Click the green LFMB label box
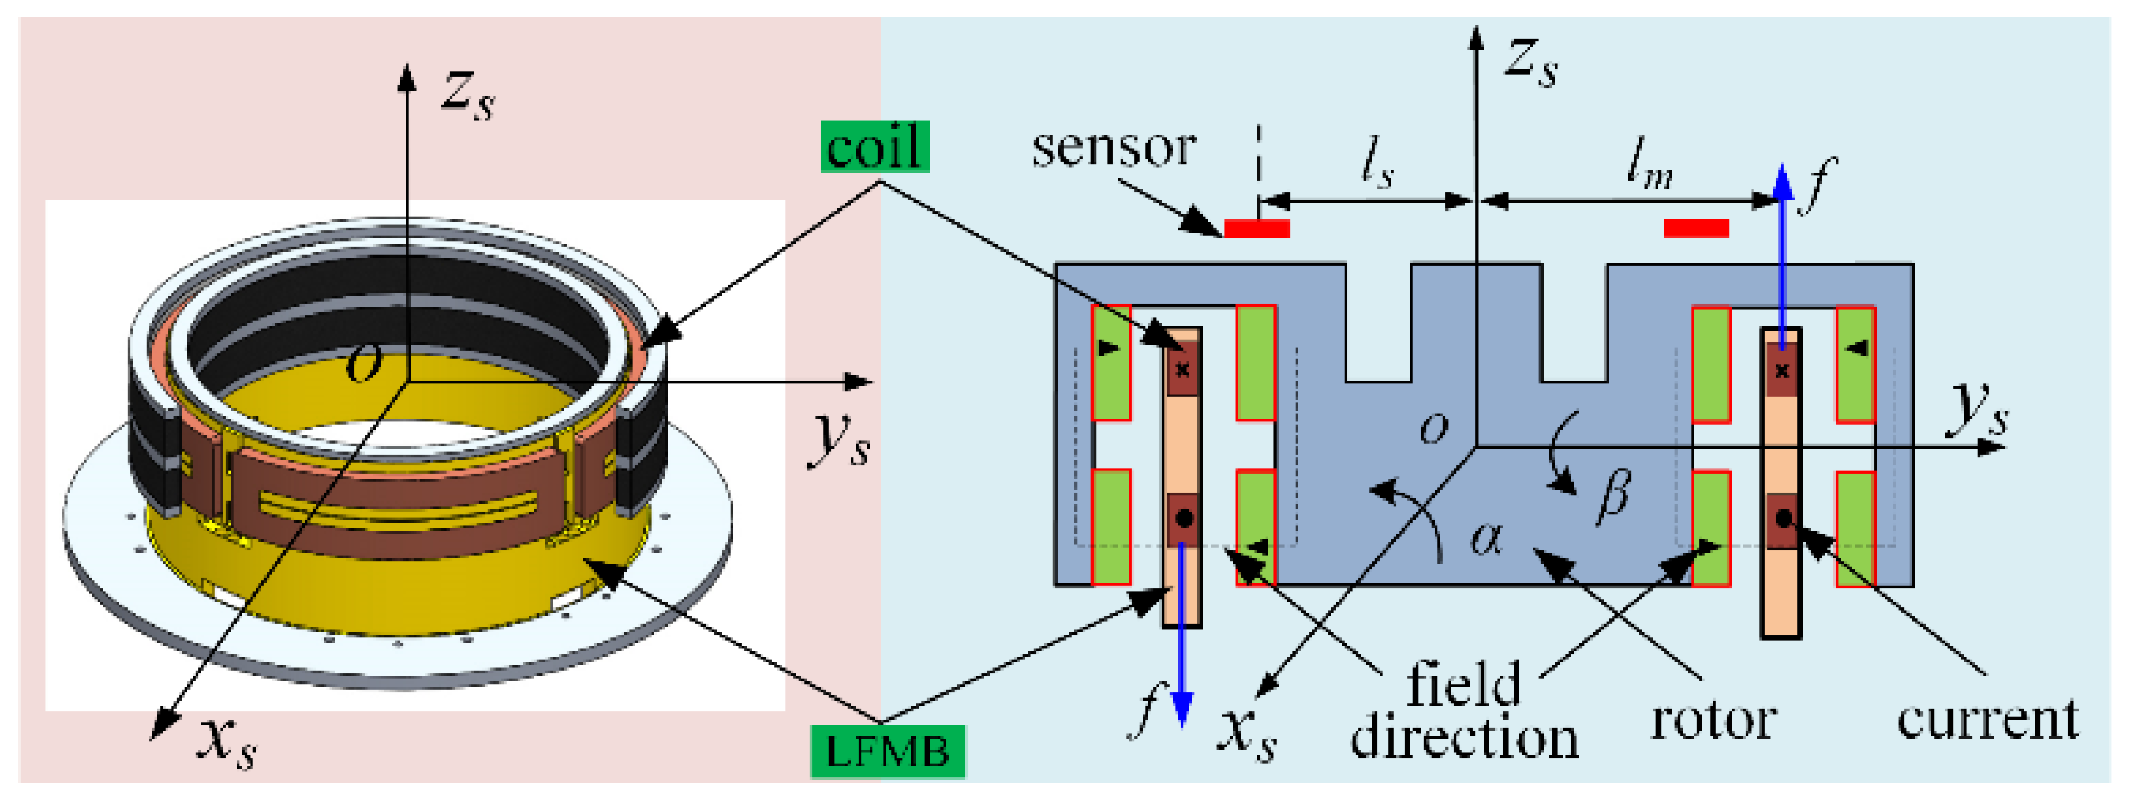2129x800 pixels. pyautogui.click(x=888, y=752)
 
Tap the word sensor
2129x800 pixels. pyautogui.click(x=1113, y=148)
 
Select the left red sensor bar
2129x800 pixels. pyautogui.click(x=1256, y=228)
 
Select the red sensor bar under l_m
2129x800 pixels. pyautogui.click(x=1696, y=228)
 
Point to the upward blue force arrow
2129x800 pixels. pyautogui.click(x=1783, y=248)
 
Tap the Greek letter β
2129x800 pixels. pyautogui.click(x=1613, y=497)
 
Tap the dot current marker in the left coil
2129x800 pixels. pyautogui.click(x=1183, y=519)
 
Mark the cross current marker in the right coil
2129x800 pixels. pyautogui.click(x=1782, y=370)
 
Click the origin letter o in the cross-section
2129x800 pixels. pyautogui.click(x=1434, y=427)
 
